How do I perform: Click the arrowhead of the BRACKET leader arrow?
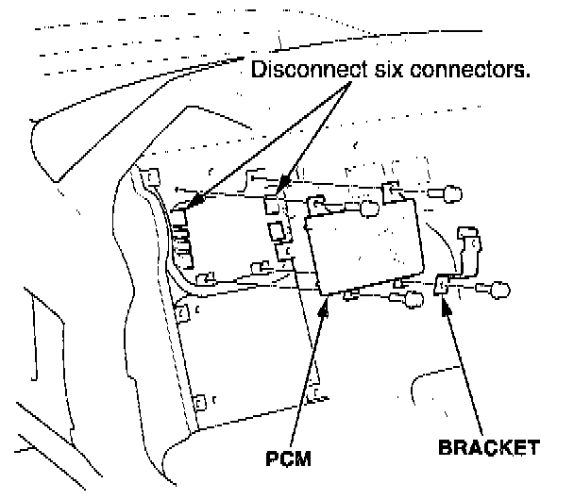point(442,300)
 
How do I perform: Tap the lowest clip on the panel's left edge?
point(199,404)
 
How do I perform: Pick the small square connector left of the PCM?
point(278,231)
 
